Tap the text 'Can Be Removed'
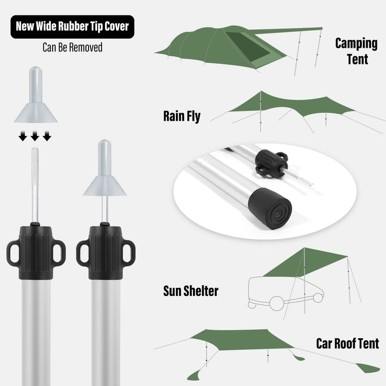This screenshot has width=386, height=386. (x=72, y=48)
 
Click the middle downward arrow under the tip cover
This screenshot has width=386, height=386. (x=35, y=137)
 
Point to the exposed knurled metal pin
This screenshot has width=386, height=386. (x=35, y=177)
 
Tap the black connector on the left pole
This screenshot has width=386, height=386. (x=36, y=252)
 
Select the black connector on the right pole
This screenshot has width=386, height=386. (x=105, y=252)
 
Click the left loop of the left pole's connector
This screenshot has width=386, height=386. (x=13, y=253)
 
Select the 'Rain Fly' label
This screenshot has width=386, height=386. (x=182, y=116)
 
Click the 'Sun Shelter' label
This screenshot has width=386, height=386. (x=190, y=291)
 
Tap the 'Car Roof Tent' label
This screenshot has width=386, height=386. (x=347, y=343)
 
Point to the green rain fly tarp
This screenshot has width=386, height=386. (x=284, y=105)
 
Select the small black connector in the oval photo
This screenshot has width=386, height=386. (x=271, y=161)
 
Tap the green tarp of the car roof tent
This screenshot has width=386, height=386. (x=241, y=339)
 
